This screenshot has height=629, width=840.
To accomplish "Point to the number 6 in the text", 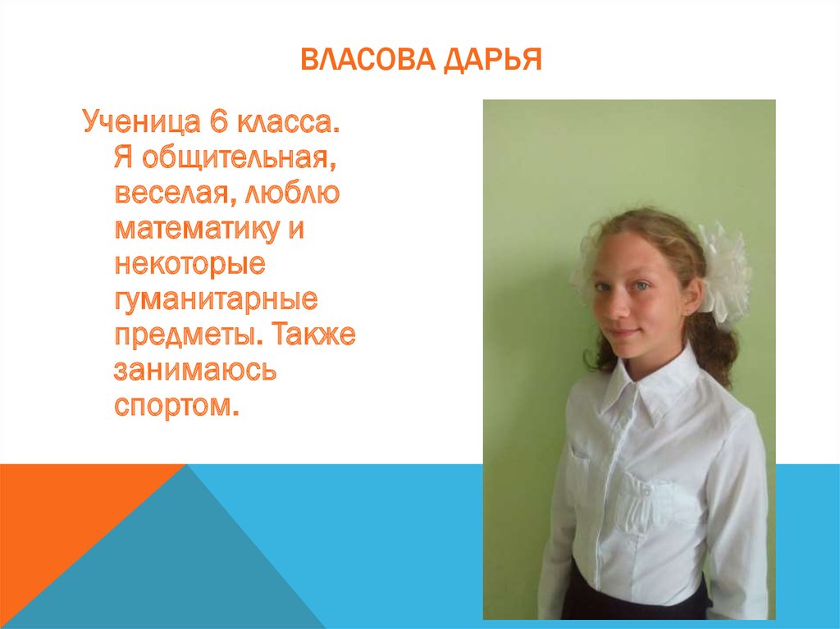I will click(218, 125).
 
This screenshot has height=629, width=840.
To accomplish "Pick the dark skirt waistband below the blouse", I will click(632, 602).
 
